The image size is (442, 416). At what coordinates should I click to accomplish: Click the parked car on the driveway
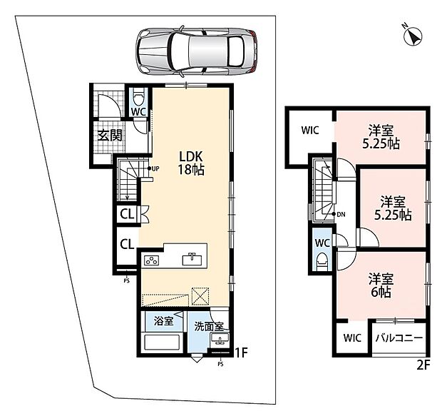(197, 51)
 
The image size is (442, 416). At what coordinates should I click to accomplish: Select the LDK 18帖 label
(191, 163)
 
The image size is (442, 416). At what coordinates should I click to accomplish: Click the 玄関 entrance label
(110, 135)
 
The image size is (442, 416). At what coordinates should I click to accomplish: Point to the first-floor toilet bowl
(138, 97)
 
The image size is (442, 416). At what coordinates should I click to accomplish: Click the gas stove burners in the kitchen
(151, 260)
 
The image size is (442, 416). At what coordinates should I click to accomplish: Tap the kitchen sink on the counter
(192, 259)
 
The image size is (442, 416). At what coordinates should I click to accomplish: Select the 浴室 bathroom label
(163, 321)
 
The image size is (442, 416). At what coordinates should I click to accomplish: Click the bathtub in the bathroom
(162, 342)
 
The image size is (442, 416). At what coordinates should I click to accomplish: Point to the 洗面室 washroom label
(209, 326)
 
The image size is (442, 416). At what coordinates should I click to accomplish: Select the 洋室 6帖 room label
(381, 285)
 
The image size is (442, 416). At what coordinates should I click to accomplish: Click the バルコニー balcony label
(399, 338)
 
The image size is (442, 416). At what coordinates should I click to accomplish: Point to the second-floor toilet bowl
(322, 261)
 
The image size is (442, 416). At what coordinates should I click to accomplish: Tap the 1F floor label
(241, 352)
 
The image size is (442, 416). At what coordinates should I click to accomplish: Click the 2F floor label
(423, 365)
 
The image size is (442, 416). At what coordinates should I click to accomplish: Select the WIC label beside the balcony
(352, 338)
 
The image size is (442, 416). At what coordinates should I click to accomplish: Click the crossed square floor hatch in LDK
(200, 296)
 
